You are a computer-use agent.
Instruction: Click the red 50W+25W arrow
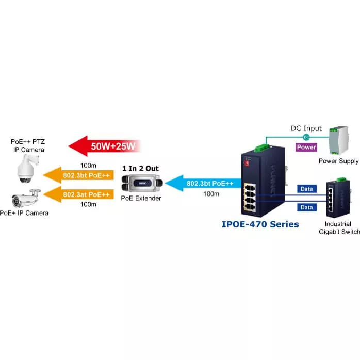[104, 146]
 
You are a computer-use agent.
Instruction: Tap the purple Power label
[306, 147]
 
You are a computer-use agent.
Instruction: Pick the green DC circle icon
[306, 137]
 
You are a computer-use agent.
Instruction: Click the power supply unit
[339, 140]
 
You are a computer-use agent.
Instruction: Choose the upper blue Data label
[307, 189]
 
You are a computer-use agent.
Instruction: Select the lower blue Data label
[307, 207]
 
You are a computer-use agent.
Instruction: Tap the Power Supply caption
[338, 161]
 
